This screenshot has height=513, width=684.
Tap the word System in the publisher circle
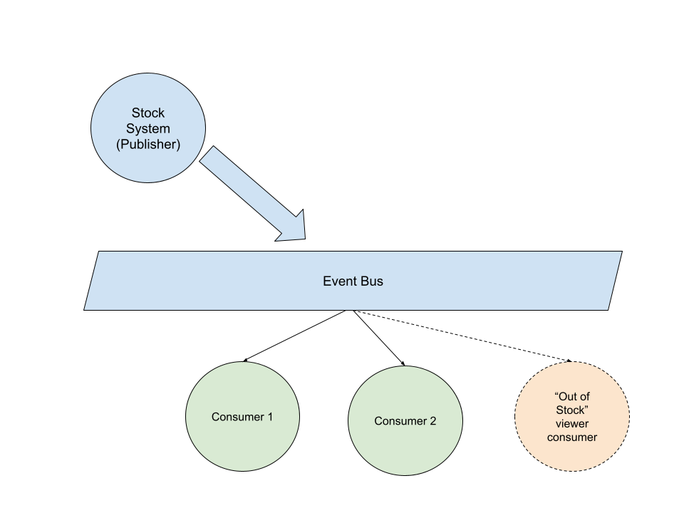(x=148, y=129)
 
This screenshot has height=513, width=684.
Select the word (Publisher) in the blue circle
(x=148, y=145)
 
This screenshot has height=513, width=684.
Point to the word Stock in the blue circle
(x=148, y=113)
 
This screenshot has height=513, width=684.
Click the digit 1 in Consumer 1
(x=269, y=417)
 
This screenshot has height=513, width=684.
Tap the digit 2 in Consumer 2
(x=432, y=421)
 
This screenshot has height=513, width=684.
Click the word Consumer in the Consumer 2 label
(x=400, y=421)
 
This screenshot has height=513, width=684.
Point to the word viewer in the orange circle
(x=572, y=423)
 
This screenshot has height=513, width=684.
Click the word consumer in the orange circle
(x=572, y=437)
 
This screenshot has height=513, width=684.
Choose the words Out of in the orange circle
(x=572, y=396)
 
